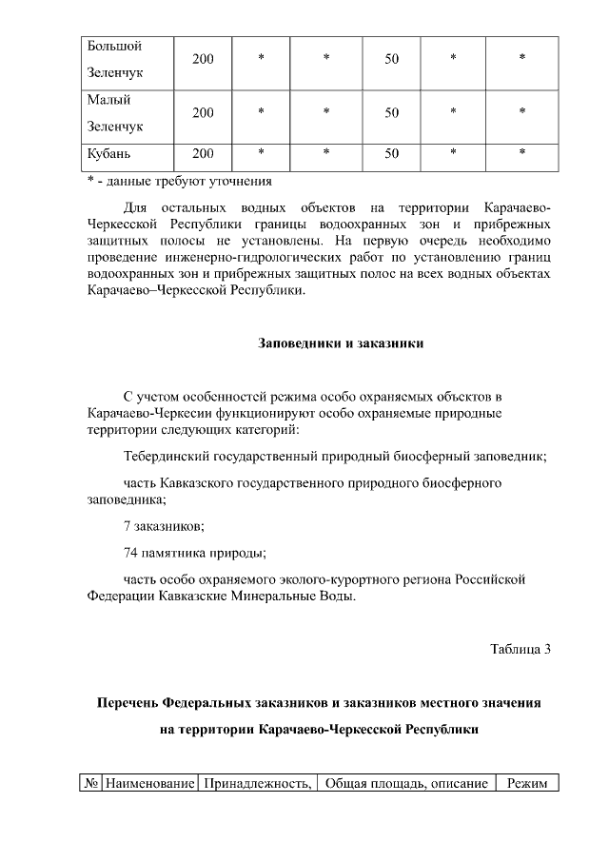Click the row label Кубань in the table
[108, 153]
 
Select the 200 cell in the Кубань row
[203, 153]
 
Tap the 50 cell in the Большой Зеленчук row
[391, 59]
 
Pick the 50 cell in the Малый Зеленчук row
[391, 113]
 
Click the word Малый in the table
[108, 100]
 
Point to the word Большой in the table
[114, 46]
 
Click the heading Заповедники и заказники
[341, 342]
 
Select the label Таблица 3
[521, 650]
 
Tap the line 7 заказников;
[164, 525]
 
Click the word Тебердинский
[164, 457]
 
